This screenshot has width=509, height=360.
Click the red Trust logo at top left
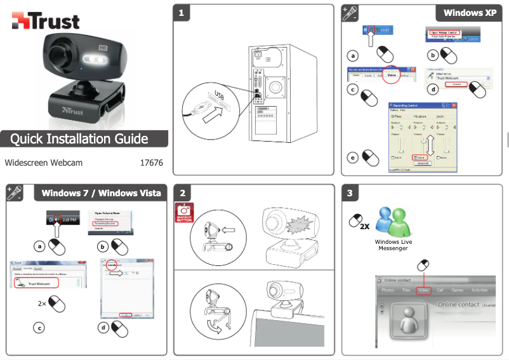point(45,20)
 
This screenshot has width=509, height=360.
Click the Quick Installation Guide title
point(79,138)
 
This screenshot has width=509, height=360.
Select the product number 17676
point(151,163)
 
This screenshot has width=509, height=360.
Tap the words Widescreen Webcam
point(44,163)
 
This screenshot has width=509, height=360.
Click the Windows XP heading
point(470,13)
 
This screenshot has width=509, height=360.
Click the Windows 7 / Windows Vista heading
point(102,192)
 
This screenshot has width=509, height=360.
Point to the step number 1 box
point(183,13)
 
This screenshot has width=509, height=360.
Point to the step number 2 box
point(183,193)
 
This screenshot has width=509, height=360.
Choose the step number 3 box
point(350,193)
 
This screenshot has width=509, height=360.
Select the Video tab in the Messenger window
point(424,290)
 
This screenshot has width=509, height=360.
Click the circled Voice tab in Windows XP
point(392,75)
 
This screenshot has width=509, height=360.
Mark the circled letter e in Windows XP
point(353,156)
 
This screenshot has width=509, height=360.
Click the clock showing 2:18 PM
point(69,219)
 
